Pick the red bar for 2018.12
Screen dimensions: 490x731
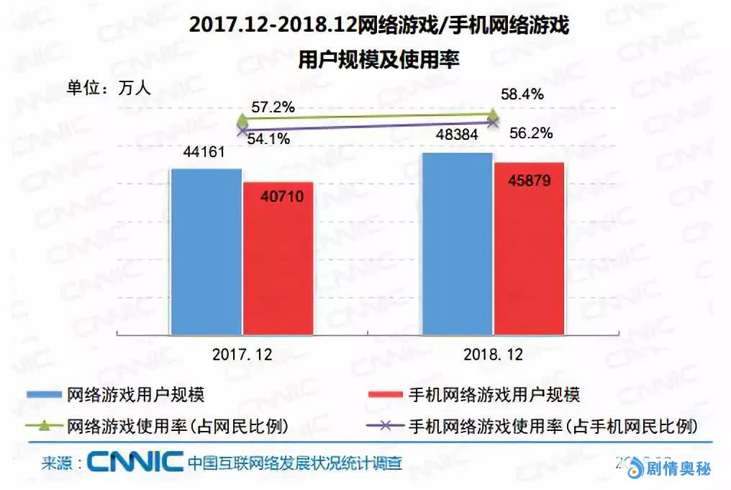[x=529, y=248]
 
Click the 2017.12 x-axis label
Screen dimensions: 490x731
[x=242, y=355]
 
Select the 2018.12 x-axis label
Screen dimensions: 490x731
[x=492, y=355]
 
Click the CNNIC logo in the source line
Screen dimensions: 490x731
[x=135, y=462]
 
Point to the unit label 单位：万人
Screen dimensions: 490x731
[x=107, y=88]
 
